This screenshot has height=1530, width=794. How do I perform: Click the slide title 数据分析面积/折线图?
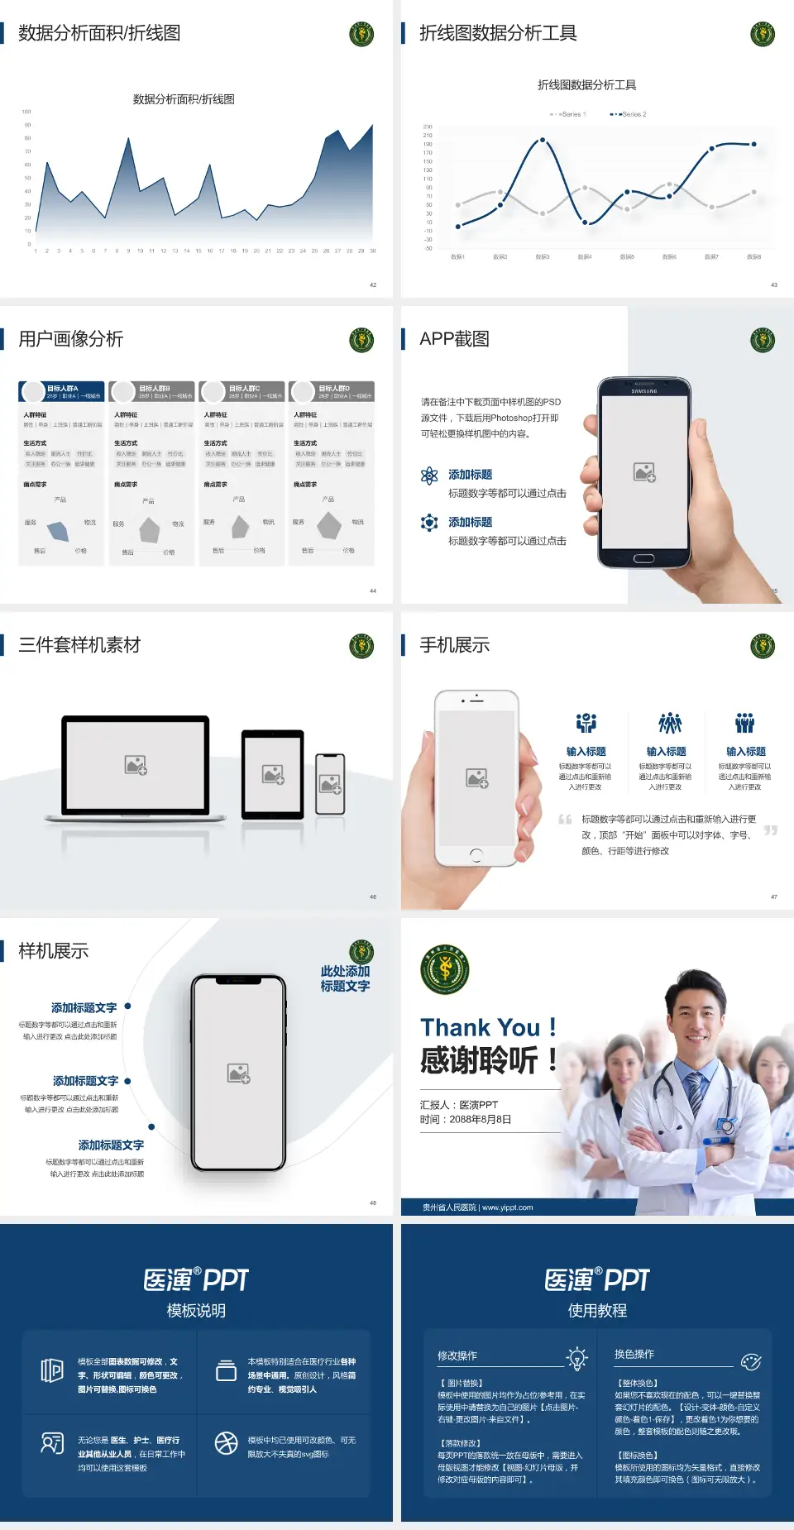point(99,33)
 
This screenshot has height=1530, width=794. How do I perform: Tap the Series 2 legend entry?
point(629,114)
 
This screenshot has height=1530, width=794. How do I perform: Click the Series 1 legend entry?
point(568,114)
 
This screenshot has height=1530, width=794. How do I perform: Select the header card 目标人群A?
point(61,391)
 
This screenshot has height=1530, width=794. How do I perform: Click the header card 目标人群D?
point(332,391)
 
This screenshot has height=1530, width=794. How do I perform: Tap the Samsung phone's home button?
point(643,558)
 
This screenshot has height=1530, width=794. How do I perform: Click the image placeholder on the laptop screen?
point(136,765)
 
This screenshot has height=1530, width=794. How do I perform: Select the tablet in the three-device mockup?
point(273,774)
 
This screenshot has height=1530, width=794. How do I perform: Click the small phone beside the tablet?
point(330,783)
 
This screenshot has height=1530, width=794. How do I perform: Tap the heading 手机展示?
point(454,645)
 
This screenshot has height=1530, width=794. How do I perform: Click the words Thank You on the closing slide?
point(480,1027)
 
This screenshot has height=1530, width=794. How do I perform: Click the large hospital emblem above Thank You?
point(445,969)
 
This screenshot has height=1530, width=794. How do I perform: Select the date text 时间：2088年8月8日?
point(466,1119)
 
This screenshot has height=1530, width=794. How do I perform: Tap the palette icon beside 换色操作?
point(751,1361)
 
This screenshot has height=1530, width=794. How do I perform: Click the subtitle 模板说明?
point(196,1310)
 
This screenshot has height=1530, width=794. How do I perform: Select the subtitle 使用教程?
point(597,1310)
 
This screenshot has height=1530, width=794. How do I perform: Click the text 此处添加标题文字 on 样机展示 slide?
point(345,978)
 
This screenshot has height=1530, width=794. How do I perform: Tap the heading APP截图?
point(454,339)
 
